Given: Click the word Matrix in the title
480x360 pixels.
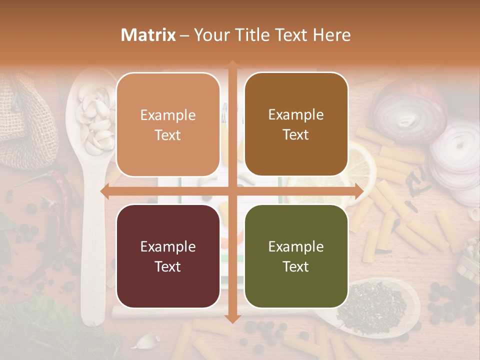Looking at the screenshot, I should click(148, 35).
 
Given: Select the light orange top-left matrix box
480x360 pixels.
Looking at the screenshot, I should click(168, 124).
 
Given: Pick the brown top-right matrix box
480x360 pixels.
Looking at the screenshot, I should click(296, 124).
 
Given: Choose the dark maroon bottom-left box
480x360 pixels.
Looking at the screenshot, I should click(168, 256).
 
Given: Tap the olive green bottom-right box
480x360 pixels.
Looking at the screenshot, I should click(296, 256).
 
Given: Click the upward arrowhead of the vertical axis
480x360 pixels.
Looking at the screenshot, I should click(232, 64).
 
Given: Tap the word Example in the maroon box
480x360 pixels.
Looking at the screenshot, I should click(168, 246).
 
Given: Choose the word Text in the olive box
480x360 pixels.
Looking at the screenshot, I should click(296, 266).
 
